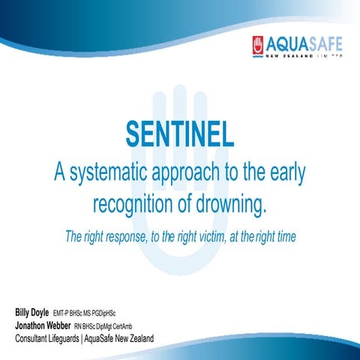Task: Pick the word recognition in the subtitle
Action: coord(140,204)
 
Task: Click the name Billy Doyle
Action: coord(31,311)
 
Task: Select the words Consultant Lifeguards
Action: coord(50,339)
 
